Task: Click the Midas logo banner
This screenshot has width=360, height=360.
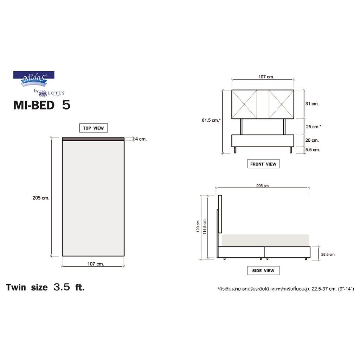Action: point(34,79)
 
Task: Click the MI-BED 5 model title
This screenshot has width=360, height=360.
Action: point(42,105)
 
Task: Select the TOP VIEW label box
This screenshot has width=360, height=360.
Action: point(94,128)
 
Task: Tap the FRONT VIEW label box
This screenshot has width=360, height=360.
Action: point(263,164)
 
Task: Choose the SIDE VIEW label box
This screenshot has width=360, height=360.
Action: point(263,270)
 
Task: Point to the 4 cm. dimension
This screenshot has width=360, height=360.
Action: point(141,139)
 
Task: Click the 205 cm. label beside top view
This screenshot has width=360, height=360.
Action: point(41,198)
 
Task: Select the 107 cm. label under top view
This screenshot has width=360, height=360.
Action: point(96,264)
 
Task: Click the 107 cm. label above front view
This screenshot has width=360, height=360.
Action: point(266,77)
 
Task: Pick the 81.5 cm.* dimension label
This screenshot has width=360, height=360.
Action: point(211,120)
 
